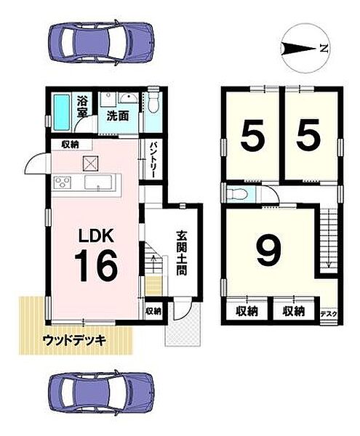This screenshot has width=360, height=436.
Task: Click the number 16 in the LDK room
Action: pos(95,266)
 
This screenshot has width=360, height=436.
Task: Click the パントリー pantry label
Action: pos(154,156)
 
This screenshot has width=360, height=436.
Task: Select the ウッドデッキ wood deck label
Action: pos(75,339)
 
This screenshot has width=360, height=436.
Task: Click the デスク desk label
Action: pos(328,314)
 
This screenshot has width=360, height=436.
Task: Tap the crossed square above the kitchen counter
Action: pos(92,162)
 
